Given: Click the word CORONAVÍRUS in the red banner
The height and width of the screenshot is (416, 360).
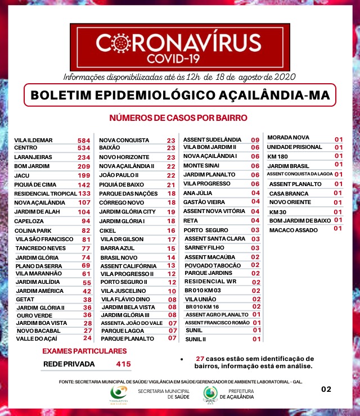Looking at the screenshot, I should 179,43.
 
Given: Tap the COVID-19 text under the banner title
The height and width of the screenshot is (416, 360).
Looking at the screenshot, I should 178,58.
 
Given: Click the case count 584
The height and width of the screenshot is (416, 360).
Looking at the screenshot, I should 84,140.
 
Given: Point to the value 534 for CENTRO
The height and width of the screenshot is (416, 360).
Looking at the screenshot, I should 84,148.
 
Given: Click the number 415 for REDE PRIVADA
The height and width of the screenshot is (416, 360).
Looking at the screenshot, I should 123,364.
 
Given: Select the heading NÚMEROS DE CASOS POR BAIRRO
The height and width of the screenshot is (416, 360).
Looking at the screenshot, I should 178,118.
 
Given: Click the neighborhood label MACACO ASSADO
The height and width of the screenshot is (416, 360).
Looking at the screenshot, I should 292,229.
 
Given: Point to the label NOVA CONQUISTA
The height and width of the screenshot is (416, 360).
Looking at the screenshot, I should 124,140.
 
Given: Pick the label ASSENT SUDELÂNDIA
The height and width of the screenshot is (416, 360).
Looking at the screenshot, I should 213,139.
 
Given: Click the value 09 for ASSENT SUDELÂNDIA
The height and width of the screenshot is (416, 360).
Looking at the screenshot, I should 255,139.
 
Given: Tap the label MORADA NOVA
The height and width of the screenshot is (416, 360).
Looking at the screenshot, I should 288,138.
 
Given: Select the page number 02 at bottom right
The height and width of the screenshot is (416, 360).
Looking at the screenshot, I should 326,388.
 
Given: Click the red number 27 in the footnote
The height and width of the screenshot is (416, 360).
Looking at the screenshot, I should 200,359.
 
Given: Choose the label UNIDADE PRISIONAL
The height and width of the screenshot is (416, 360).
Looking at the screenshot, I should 294,147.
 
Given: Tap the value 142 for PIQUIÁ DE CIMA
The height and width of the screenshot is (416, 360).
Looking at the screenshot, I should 84,184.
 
